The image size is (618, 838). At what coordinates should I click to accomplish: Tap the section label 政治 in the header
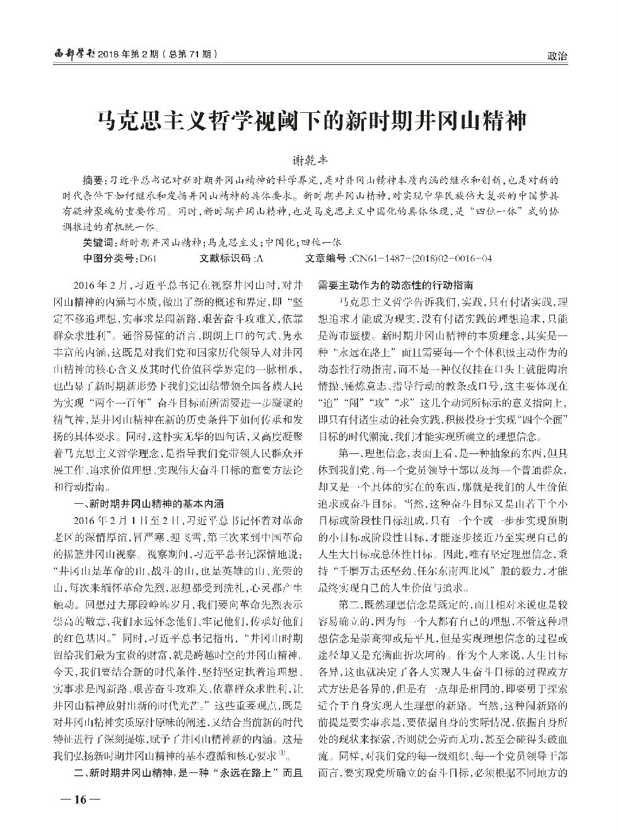point(557,56)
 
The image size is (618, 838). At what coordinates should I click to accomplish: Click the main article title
point(309,119)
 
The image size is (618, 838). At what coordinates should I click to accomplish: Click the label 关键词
point(96,242)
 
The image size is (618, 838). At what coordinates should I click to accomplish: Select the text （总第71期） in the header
point(190,55)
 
